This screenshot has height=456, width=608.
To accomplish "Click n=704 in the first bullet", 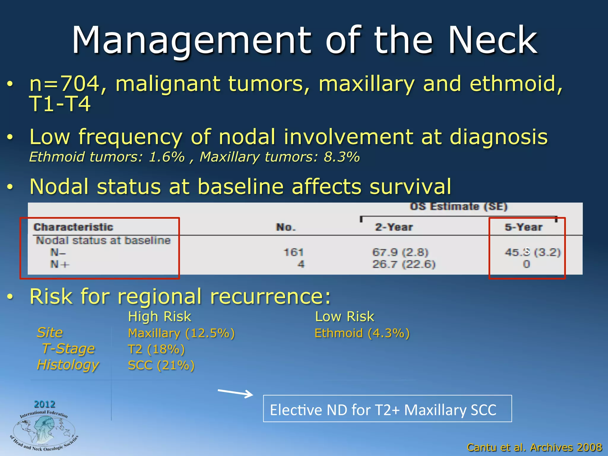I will [x=64, y=84].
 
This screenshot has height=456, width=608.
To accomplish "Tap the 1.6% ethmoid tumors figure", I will [x=167, y=157].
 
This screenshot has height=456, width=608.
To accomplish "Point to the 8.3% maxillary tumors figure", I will [x=341, y=157].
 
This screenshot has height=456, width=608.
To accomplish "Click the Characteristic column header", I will [x=73, y=227].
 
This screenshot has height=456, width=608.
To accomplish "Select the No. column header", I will [x=286, y=227].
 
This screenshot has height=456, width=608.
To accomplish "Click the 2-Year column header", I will [x=394, y=227].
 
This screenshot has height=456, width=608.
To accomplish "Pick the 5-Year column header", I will [x=524, y=227].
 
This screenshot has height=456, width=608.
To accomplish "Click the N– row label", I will [x=58, y=252].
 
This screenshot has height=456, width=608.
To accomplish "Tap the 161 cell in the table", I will [x=294, y=252].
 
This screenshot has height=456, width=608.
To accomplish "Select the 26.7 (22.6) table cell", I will [x=404, y=264].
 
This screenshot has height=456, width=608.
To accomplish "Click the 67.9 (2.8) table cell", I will [x=400, y=252].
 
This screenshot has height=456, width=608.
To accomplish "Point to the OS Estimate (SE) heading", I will [x=459, y=206].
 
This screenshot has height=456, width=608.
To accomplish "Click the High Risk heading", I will [x=159, y=316].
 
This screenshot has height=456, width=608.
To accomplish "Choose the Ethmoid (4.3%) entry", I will [x=362, y=333].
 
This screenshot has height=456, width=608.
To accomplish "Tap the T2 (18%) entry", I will [x=156, y=349].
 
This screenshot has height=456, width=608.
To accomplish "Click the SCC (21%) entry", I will [x=161, y=365].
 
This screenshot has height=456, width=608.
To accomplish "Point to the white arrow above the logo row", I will [x=235, y=393].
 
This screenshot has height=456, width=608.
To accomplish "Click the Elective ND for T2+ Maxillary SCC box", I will [x=387, y=408].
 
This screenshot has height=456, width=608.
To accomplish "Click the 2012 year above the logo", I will [x=45, y=404].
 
